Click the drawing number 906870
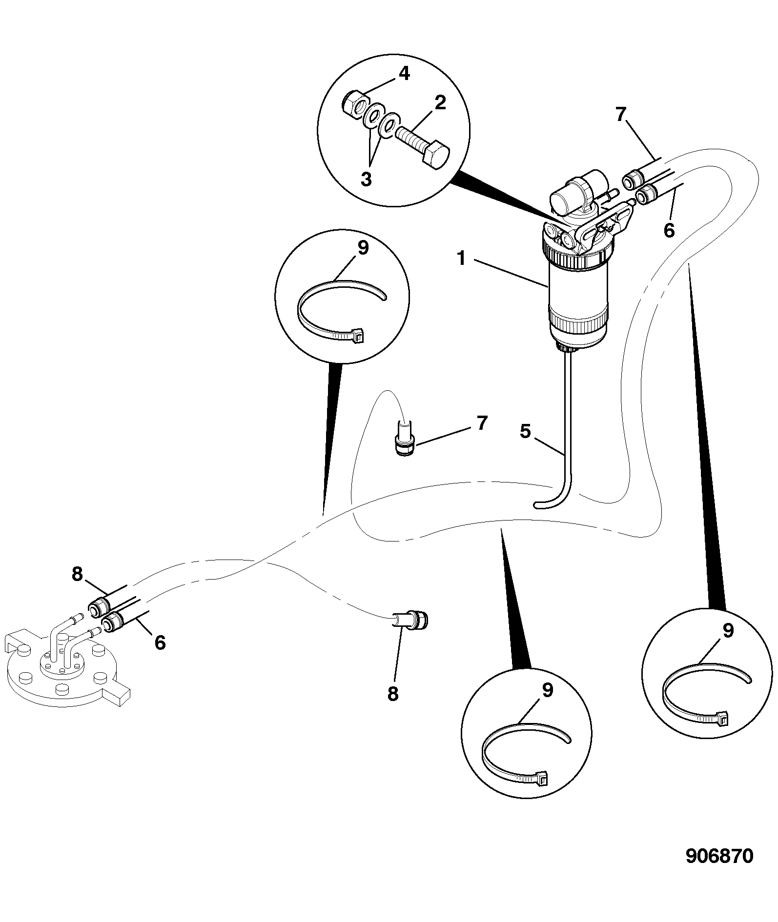coord(719,870)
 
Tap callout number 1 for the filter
coord(462,259)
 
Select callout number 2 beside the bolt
coord(440,102)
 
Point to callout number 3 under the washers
coord(366,179)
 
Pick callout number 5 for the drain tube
coord(525,431)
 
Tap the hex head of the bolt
coord(434,157)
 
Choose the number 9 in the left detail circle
coord(363,248)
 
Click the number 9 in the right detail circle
coord(728,631)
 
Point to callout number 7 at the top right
coord(620,115)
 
